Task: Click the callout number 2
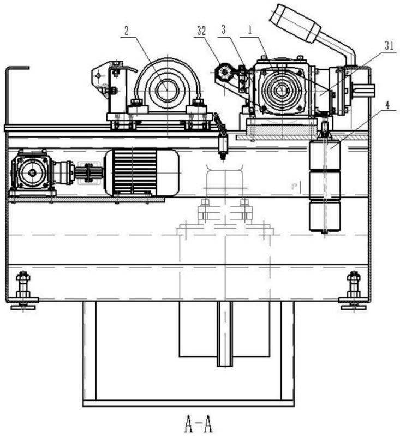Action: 126,31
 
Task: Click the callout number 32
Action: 202,31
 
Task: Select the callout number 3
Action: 224,30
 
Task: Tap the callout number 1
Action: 250,30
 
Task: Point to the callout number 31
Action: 390,46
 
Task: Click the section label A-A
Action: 199,425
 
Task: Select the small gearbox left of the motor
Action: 32,173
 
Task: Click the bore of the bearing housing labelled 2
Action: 166,91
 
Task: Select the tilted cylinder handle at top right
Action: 295,23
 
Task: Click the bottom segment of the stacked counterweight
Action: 325,217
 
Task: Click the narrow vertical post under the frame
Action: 225,333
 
